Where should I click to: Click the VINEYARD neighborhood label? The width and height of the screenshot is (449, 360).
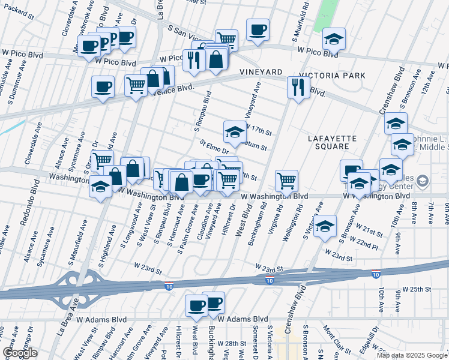261,71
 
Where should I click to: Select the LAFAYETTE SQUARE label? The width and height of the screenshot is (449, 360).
332,142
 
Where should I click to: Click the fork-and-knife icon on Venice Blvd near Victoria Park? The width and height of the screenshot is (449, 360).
298,88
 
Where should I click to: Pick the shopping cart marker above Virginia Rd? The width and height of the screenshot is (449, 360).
287,181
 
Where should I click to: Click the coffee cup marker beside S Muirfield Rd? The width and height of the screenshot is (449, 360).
258,31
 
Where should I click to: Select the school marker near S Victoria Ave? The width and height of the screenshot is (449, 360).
325,226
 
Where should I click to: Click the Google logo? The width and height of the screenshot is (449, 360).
20,352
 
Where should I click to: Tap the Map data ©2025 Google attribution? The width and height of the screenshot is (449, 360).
411,355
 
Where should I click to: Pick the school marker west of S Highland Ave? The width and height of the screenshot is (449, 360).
100,187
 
